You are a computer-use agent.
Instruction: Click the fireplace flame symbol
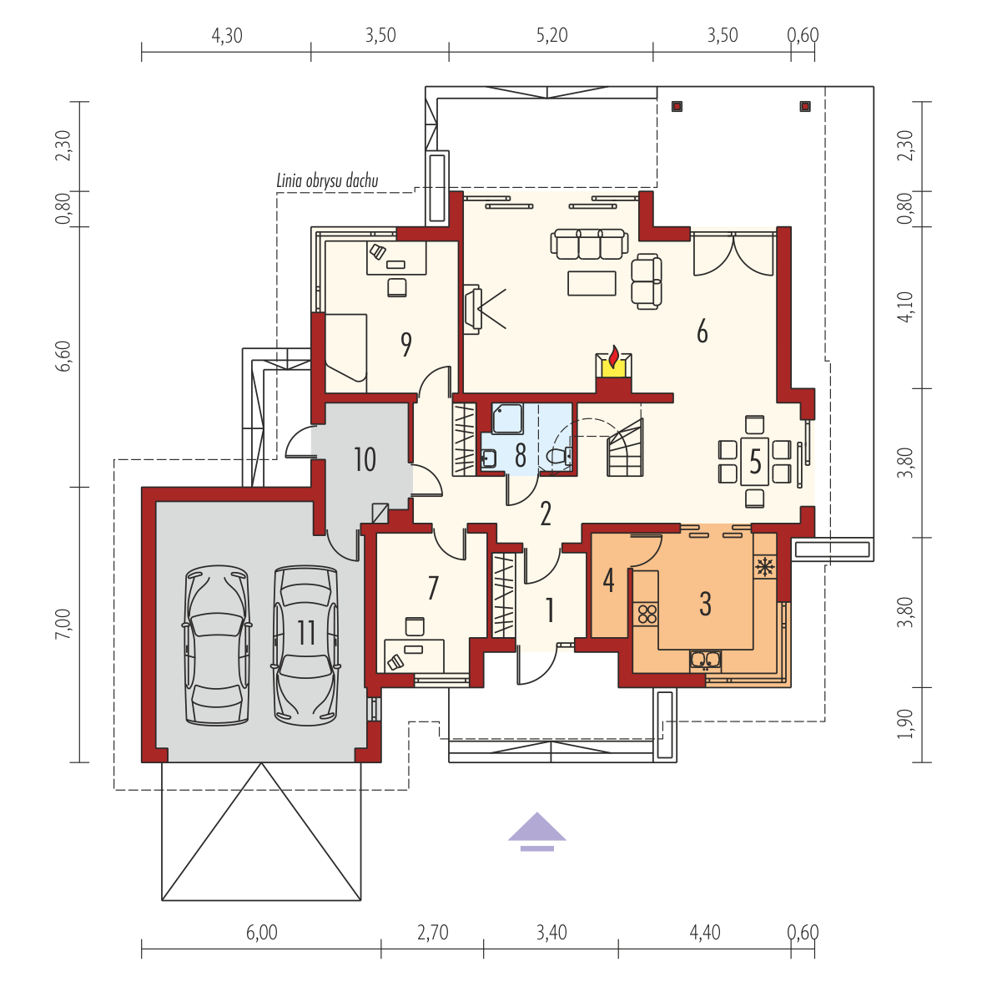pos(614,357)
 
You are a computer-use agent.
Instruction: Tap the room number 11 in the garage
pos(306,632)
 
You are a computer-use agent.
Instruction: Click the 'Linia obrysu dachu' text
pos(327,180)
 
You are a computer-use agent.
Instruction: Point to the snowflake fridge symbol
pos(765,567)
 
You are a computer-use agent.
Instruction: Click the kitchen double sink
pos(705,660)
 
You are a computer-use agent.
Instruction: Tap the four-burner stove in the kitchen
pos(647,614)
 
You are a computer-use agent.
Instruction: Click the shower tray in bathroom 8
pos(507,419)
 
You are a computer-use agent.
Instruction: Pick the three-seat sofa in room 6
pos(589,244)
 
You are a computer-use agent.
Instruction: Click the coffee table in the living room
pos(592,283)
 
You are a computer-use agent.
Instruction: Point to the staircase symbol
pos(624,448)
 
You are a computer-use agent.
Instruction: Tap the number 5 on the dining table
pos(755,462)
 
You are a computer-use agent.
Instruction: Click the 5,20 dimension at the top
pos(552,35)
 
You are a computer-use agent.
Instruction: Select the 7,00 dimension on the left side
pos(63,625)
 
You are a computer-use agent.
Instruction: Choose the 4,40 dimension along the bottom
pos(705,932)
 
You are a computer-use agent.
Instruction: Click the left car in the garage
pos(216,645)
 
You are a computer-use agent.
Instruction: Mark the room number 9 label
pos(406,344)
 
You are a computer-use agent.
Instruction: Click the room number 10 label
pos(365,459)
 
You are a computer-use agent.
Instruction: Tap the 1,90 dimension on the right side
pos(905,724)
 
